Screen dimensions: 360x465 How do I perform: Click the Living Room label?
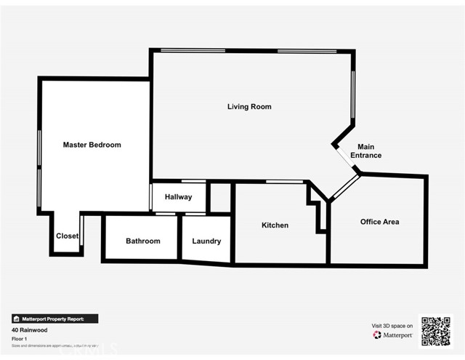coord(249,107)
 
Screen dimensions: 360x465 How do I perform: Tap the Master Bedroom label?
coord(92,145)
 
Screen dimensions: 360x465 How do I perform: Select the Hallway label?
coord(178,197)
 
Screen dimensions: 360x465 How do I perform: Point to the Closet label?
coord(68,236)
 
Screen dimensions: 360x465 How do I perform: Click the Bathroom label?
coord(142,241)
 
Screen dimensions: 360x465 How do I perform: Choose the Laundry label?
coord(206,241)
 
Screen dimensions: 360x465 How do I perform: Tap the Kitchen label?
coord(275,225)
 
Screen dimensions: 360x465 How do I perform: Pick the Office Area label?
coord(379,222)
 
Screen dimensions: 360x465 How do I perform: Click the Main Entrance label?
coord(365,151)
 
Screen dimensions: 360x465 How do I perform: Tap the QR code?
coord(436,331)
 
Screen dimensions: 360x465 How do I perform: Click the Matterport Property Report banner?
coord(54,319)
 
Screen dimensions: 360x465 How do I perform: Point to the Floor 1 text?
coord(20,338)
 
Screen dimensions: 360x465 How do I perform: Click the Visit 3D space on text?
coord(392,326)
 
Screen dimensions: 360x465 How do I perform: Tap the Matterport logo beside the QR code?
coord(392,335)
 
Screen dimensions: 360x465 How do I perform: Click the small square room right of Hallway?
coord(220,198)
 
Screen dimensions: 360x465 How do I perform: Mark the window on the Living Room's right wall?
coord(354,95)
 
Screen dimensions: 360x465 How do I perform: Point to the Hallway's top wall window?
coord(193,181)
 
